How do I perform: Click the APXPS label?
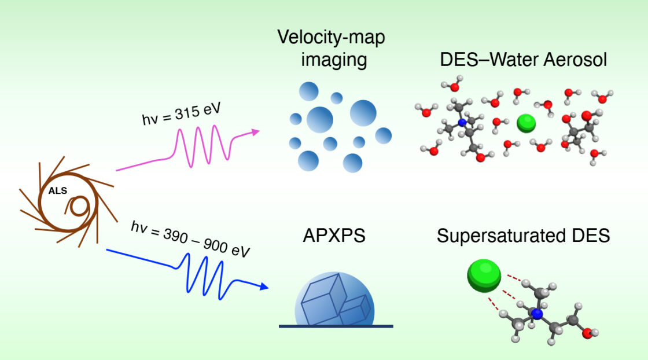click(x=334, y=237)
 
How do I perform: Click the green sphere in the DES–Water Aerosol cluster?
click(x=526, y=123)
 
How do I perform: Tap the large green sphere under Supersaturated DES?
click(x=484, y=275)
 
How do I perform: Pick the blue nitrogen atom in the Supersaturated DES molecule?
click(x=537, y=314)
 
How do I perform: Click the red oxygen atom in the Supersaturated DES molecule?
click(x=587, y=332)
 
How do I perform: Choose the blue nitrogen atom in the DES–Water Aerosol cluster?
click(x=462, y=123)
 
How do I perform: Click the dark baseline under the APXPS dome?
click(x=336, y=326)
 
